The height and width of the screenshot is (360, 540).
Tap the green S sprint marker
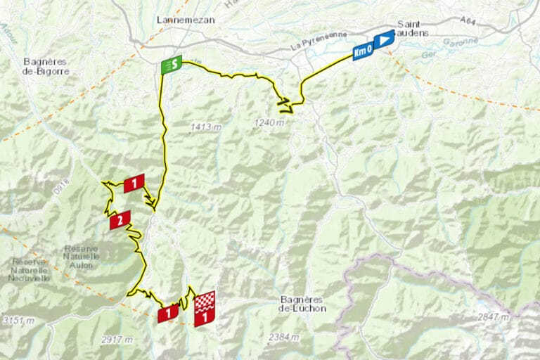click(172, 65)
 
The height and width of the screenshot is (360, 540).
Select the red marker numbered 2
click(120, 220)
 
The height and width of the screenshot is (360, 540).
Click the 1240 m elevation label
click(270, 123)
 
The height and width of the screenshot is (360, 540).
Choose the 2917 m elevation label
click(117, 340)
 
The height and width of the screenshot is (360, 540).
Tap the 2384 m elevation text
click(283, 337)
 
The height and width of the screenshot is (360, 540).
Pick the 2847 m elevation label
click(493, 318)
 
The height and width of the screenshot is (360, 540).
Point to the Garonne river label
click(461, 42)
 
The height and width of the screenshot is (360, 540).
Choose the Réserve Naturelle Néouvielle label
click(30, 270)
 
